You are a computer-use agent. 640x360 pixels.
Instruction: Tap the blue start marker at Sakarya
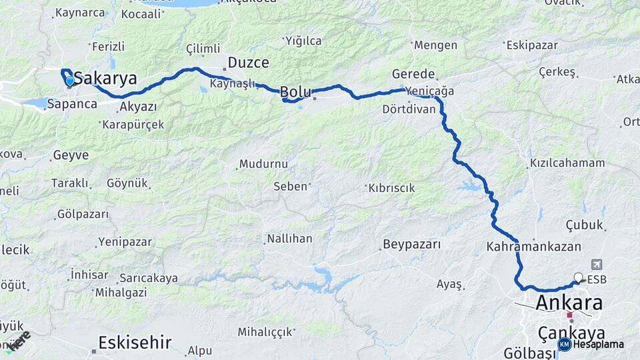[x=70, y=81]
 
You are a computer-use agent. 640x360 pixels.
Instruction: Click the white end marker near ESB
[x=578, y=278]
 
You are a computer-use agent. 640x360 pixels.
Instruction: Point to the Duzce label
[x=249, y=63]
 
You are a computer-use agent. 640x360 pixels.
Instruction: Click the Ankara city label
[x=569, y=303]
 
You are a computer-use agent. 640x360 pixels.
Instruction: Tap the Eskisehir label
[x=135, y=343]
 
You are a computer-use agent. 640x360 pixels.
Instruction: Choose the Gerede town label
[x=413, y=74]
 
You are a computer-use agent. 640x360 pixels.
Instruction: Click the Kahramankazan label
[x=534, y=246]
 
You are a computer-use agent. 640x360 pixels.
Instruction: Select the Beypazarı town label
[x=412, y=245]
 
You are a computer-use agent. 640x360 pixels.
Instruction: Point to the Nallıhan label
[x=289, y=238]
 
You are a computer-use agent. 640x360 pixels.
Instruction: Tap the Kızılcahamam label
[x=567, y=163]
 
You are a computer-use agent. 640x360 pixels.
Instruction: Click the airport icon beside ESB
[x=595, y=265]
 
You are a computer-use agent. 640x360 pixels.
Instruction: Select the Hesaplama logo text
[x=598, y=344]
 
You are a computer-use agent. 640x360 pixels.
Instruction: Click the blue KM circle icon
[x=564, y=344]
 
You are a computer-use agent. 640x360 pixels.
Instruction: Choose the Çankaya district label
[x=571, y=333]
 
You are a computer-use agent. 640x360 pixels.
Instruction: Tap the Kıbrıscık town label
[x=392, y=188]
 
